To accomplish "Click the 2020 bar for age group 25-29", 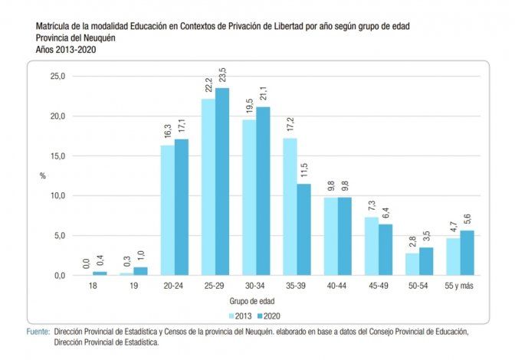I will (x=222, y=182).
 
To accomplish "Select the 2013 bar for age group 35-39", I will (x=290, y=207).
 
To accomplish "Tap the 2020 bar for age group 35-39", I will (x=304, y=229).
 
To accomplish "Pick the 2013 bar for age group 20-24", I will (x=167, y=210).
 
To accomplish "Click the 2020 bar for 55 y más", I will (x=466, y=253).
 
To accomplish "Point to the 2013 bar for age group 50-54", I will (x=412, y=263).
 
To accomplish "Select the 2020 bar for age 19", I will (x=140, y=270).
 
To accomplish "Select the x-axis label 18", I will (x=93, y=286).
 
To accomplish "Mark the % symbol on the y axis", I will (x=43, y=176).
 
